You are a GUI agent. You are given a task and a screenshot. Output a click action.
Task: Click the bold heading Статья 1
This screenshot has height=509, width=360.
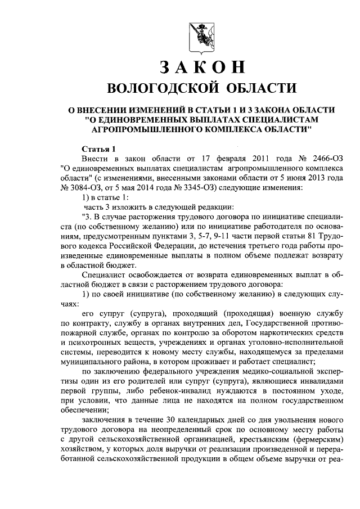pos(98,149)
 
